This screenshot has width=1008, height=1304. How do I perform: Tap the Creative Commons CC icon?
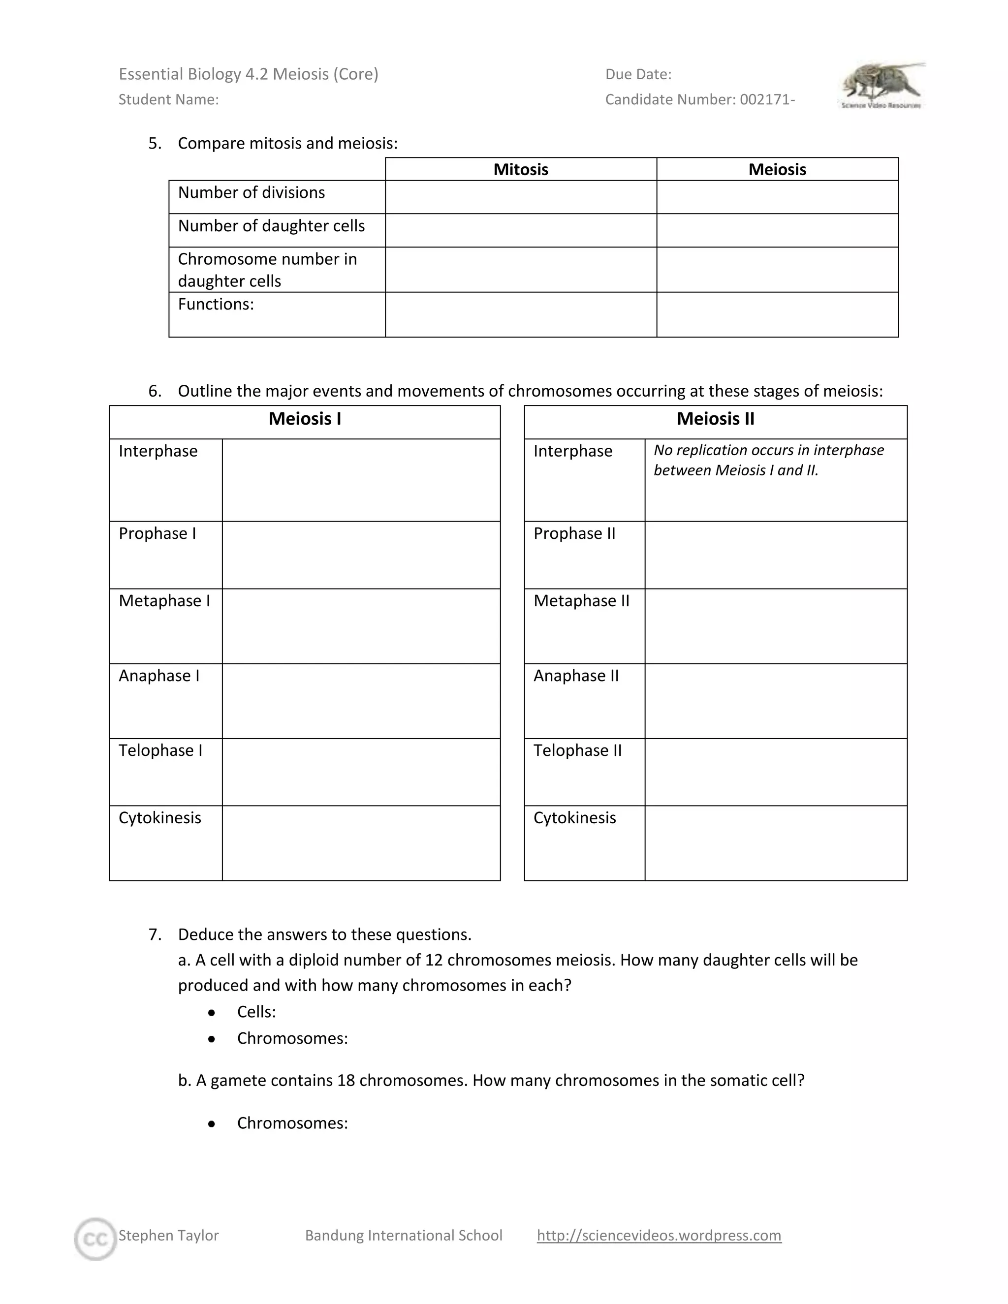95,1239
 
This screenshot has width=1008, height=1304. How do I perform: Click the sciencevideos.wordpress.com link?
659,1235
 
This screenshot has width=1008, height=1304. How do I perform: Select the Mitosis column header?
520,170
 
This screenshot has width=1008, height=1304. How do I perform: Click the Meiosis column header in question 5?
777,170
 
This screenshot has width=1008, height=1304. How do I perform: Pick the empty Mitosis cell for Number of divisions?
520,197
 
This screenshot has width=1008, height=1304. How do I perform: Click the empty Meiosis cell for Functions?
777,314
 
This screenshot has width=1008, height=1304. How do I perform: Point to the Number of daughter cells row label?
271,226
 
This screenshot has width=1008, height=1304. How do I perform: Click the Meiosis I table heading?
305,419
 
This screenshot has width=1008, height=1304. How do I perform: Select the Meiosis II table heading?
715,419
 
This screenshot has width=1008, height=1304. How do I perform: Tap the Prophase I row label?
157,534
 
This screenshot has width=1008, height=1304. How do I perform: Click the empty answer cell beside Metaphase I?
361,626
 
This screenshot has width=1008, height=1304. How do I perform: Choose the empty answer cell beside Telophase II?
775,772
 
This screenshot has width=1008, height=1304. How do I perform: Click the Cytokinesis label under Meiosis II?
574,818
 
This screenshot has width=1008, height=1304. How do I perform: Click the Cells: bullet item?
256,1011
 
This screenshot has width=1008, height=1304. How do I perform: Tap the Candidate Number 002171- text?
700,100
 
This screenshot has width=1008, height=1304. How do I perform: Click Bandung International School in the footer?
404,1235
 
